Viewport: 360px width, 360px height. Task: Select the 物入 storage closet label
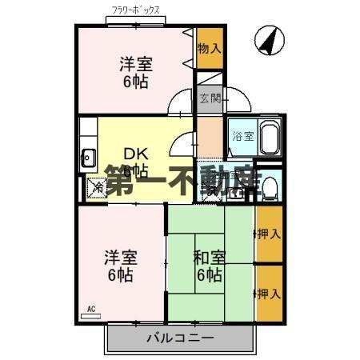(x=209, y=48)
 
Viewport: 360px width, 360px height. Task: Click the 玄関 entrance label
(x=209, y=98)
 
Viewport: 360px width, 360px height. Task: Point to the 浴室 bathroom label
(x=242, y=136)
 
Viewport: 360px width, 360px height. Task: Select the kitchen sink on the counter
(x=87, y=158)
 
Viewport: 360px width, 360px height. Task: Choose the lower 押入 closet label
(x=269, y=293)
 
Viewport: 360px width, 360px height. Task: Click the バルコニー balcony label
(x=179, y=338)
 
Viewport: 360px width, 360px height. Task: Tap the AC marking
(x=90, y=309)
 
